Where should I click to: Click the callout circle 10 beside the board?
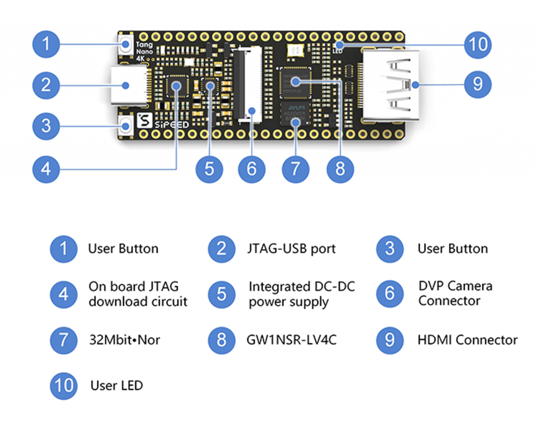click(478, 44)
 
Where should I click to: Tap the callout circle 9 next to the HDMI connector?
click(478, 84)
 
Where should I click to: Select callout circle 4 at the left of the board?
click(46, 169)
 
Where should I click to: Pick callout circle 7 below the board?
click(296, 169)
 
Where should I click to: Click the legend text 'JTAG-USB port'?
click(291, 249)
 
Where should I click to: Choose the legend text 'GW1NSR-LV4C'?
click(291, 340)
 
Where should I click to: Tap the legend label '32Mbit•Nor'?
click(124, 340)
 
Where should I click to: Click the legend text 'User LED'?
click(116, 386)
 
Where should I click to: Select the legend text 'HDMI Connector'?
click(467, 340)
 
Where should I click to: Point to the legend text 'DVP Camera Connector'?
click(455, 294)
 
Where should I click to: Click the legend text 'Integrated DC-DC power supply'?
click(301, 294)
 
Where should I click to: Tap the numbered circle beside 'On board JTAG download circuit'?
click(64, 294)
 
